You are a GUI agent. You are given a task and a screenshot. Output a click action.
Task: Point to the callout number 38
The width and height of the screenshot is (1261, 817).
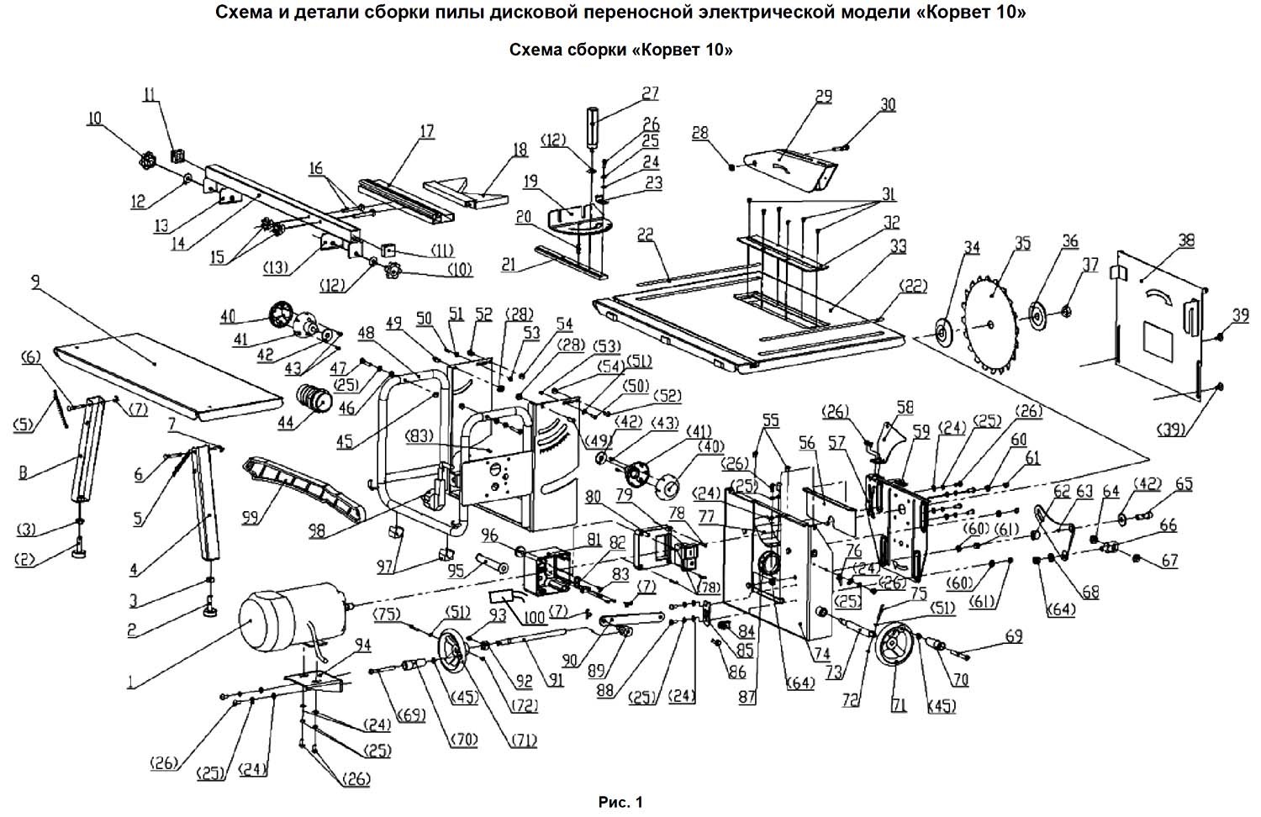point(1186,240)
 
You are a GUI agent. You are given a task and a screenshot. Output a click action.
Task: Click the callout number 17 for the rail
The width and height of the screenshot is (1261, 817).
point(426,131)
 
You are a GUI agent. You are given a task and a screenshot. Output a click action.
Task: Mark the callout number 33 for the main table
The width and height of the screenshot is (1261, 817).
point(899,246)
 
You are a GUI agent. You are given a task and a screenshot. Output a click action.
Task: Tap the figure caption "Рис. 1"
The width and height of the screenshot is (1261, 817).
point(620,803)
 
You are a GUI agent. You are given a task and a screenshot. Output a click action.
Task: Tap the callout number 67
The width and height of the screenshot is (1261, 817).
point(1169,561)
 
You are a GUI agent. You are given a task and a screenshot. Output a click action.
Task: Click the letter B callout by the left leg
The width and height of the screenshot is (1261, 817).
point(24,472)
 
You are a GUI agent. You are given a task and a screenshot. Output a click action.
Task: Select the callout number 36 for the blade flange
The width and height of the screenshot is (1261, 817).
point(1069,241)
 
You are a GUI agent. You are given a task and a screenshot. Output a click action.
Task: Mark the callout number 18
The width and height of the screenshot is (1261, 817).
point(520,150)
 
